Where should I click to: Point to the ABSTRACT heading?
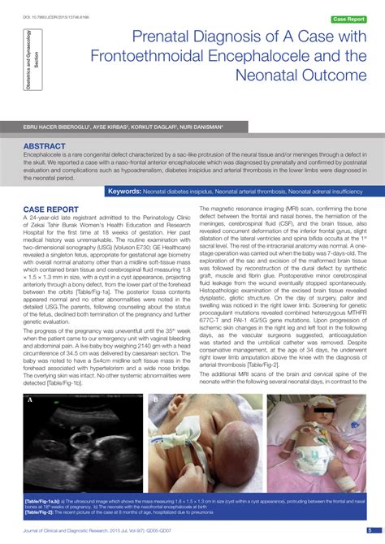click(x=45, y=146)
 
